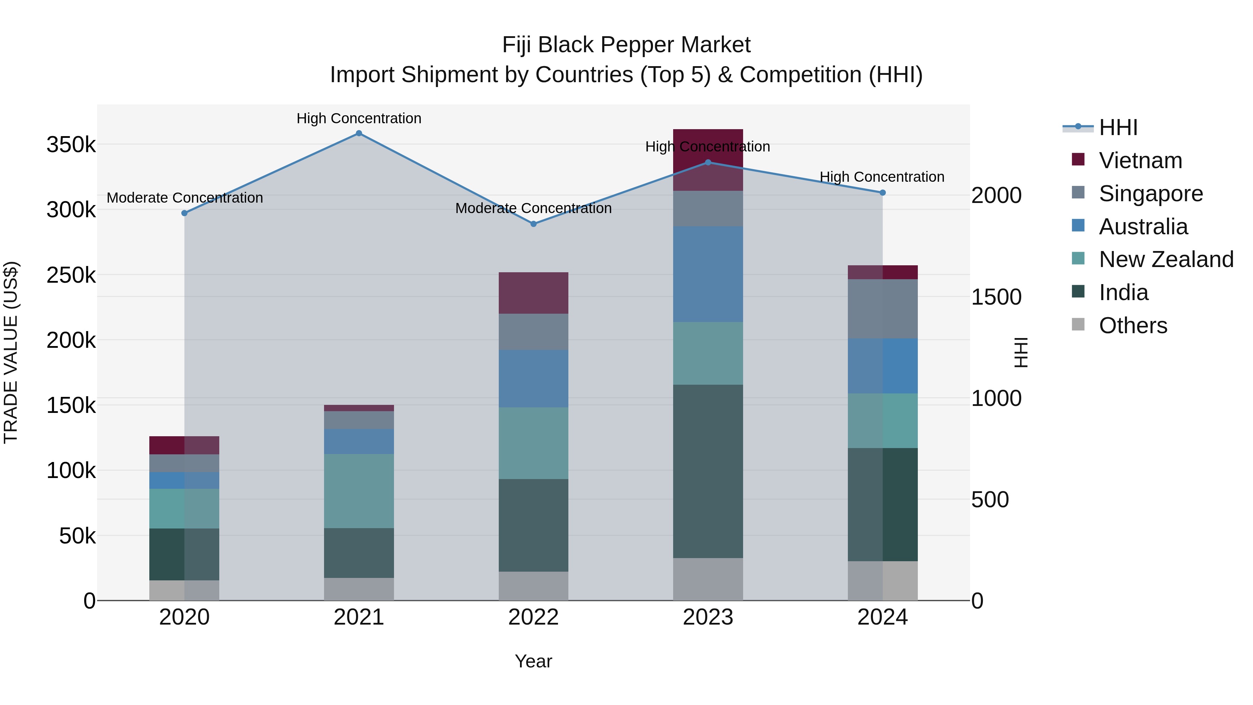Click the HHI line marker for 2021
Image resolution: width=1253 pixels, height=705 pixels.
pos(359,133)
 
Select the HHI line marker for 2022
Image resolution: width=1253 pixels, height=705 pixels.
pos(534,224)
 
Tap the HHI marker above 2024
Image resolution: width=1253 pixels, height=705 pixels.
pos(883,193)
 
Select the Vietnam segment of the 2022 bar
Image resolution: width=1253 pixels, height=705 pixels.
pos(534,293)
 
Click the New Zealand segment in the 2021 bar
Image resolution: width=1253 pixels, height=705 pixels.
pos(359,491)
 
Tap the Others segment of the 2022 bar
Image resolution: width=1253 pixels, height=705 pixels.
pos(534,586)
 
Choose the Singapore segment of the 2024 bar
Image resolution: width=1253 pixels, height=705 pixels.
pos(883,308)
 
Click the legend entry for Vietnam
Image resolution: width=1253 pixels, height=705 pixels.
pos(1140,160)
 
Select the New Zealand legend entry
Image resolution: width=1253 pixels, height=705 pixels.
pos(1165,259)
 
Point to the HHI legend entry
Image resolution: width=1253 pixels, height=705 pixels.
pos(1118,127)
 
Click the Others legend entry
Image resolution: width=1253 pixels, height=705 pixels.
pos(1132,326)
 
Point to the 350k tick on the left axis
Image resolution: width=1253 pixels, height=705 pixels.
pos(71,144)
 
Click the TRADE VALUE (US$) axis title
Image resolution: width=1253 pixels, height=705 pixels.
pos(11,352)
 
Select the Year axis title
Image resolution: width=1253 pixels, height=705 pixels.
pos(534,661)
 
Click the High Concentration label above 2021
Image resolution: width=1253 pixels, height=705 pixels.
pos(359,118)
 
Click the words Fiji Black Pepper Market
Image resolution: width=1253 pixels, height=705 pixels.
pos(626,45)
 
